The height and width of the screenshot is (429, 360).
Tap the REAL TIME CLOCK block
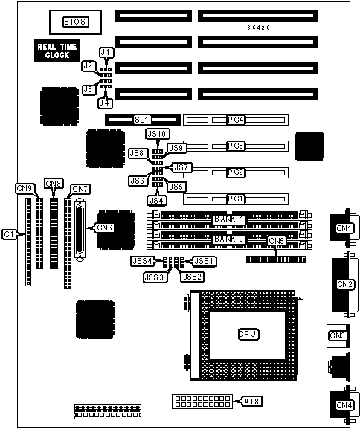click(x=57, y=51)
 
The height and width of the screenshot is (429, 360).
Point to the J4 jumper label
click(x=105, y=103)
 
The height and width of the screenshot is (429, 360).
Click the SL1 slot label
click(x=142, y=120)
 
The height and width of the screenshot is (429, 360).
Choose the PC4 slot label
click(x=236, y=120)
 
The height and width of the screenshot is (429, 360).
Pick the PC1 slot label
click(x=236, y=199)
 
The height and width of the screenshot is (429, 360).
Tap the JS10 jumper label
click(x=157, y=134)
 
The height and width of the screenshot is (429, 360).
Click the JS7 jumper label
click(x=181, y=167)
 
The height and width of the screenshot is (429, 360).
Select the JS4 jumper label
click(x=157, y=201)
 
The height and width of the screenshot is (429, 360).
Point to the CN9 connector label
click(x=25, y=188)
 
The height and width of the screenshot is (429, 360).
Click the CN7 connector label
click(x=80, y=189)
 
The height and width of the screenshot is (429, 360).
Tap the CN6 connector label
click(x=105, y=228)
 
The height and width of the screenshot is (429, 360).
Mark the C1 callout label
click(x=9, y=234)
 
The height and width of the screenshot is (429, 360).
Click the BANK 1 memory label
click(x=229, y=219)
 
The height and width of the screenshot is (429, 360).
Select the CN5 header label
click(x=277, y=241)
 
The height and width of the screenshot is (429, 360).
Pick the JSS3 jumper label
click(x=155, y=277)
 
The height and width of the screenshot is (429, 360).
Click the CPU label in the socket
click(x=248, y=334)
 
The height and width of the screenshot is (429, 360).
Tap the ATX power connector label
click(x=252, y=401)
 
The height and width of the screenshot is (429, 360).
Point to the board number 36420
click(x=259, y=28)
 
